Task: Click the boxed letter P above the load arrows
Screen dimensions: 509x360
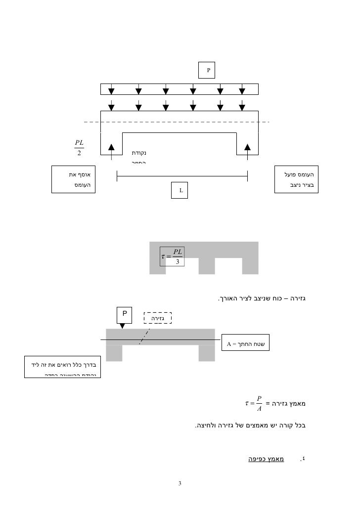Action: tap(208, 70)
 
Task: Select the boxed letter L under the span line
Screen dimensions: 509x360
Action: tap(181, 190)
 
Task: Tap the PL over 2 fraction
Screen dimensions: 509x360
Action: tap(79, 147)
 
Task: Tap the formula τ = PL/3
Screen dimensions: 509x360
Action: tap(172, 256)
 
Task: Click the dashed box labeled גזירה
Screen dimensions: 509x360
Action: tap(157, 318)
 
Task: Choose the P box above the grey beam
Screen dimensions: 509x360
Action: tap(125, 314)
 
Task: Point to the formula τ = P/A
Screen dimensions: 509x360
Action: tap(255, 404)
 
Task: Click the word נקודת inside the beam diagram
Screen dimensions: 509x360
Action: tap(139, 154)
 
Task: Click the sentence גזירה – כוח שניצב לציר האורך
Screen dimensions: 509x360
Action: tap(262, 298)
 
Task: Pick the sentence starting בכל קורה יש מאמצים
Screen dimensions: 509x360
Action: tap(250, 425)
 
